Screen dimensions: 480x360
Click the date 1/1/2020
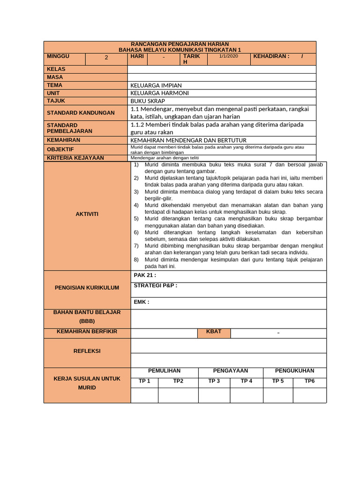(229, 56)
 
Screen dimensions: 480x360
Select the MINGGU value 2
(106, 58)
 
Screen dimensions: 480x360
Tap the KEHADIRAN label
(271, 56)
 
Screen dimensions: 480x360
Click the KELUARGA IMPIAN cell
(156, 86)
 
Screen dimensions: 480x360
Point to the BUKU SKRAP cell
(148, 101)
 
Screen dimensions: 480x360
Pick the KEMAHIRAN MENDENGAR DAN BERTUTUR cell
(188, 140)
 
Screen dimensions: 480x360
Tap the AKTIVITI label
(87, 214)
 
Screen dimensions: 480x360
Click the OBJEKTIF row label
(60, 150)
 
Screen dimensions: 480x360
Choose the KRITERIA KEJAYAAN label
(75, 158)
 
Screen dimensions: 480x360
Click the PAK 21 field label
(145, 276)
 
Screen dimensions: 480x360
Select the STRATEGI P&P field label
(156, 285)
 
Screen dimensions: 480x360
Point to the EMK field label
(142, 302)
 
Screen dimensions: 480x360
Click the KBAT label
(214, 332)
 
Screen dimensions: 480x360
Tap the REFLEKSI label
(87, 351)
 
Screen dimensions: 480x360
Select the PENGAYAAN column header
(230, 371)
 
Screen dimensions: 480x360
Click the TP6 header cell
(309, 381)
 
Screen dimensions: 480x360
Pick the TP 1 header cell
(144, 381)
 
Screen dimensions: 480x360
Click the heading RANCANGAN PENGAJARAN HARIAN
(180, 44)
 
